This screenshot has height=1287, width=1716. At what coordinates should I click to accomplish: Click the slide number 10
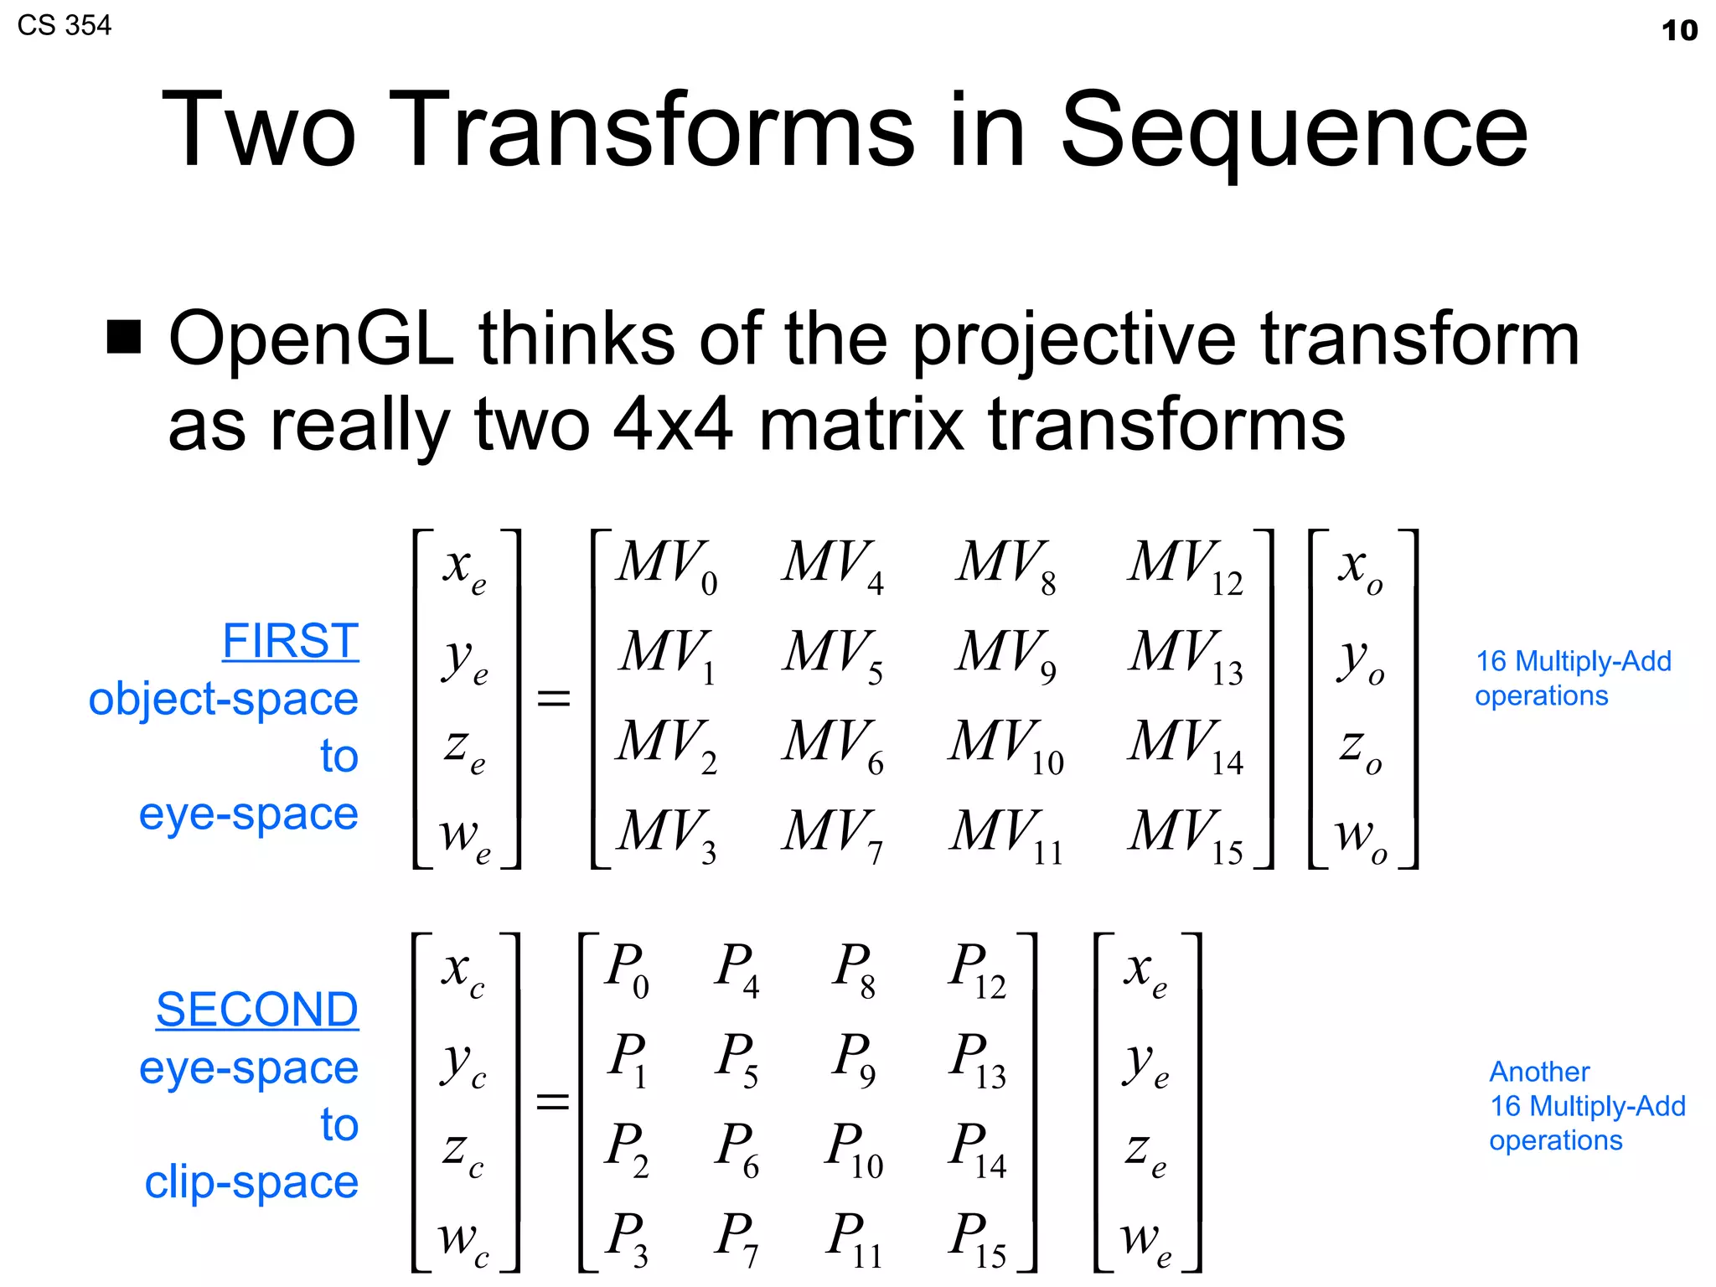click(x=1679, y=30)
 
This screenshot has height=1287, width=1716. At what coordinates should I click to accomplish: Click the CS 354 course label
click(x=64, y=25)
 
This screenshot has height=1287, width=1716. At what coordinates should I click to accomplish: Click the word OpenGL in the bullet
click(x=311, y=339)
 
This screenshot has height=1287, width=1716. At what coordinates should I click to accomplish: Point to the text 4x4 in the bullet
click(x=673, y=424)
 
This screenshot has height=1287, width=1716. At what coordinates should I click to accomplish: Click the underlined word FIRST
click(x=290, y=641)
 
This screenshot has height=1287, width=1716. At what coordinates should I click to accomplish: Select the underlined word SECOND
click(x=256, y=1010)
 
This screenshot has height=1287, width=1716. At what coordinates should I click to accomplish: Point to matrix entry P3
click(x=628, y=1238)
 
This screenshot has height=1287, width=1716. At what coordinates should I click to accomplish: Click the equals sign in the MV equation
click(x=553, y=698)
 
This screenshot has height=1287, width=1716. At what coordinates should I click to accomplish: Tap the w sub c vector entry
click(x=463, y=1241)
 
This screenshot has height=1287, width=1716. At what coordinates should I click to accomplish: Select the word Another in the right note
click(x=1539, y=1072)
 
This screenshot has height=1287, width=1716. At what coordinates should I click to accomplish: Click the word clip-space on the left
click(x=251, y=1181)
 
